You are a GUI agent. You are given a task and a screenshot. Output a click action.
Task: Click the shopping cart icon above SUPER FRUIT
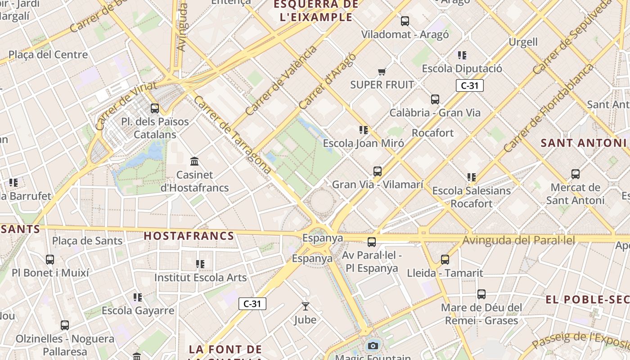click(x=382, y=72)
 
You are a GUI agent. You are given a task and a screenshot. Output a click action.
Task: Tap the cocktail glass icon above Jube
click(x=306, y=306)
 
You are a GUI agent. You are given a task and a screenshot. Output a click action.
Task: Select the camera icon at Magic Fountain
click(x=373, y=346)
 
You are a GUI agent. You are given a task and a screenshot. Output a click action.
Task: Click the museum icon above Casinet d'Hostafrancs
click(x=194, y=161)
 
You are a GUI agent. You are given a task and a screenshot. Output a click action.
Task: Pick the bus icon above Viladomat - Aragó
click(x=405, y=21)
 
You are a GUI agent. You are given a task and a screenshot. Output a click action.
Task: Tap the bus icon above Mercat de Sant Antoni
click(x=575, y=174)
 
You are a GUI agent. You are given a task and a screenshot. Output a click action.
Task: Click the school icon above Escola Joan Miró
click(x=364, y=130)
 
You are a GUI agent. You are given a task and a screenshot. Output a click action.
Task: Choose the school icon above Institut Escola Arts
click(x=200, y=264)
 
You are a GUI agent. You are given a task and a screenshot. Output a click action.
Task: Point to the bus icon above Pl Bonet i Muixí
click(x=50, y=259)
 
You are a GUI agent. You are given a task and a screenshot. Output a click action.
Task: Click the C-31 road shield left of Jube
click(x=252, y=304)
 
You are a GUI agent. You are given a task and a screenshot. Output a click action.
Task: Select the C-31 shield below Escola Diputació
click(x=469, y=85)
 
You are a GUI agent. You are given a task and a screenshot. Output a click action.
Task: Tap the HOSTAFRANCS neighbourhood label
click(x=189, y=236)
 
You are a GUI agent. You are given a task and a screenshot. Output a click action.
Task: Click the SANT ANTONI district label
click(x=583, y=143)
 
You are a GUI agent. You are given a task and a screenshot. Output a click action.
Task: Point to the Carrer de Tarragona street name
click(x=232, y=135)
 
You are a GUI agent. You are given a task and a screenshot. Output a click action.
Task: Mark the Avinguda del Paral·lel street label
click(x=518, y=240)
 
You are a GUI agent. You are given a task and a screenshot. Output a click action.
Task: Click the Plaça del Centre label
click(x=48, y=55)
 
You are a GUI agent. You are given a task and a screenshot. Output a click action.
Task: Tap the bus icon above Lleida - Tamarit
click(x=445, y=259)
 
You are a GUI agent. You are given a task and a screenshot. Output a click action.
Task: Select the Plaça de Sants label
click(x=87, y=241)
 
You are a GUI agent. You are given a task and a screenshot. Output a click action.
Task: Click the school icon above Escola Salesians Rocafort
click(x=472, y=177)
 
